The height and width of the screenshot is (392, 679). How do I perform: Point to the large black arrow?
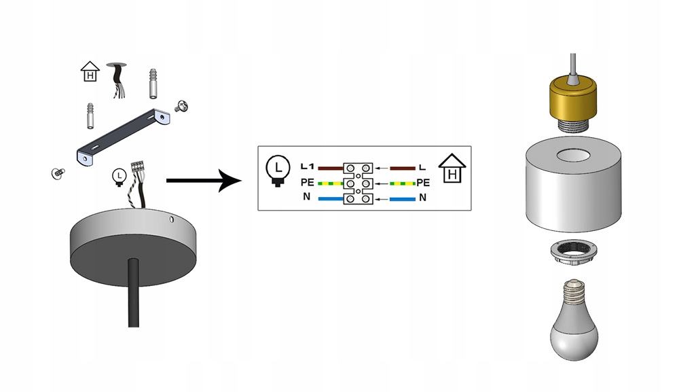click(204, 181)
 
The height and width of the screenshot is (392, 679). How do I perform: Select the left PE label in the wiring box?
click(307, 183)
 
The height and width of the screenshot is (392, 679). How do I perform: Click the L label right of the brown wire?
click(422, 167)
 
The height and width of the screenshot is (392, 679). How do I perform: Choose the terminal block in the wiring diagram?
click(359, 183)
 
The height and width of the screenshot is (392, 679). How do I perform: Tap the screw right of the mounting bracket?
click(181, 105)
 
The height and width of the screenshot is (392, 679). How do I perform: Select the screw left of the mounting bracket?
click(56, 173)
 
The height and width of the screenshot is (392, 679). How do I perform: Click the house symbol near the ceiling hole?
click(89, 71)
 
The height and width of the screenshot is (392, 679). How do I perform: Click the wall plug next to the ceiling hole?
click(153, 83)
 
